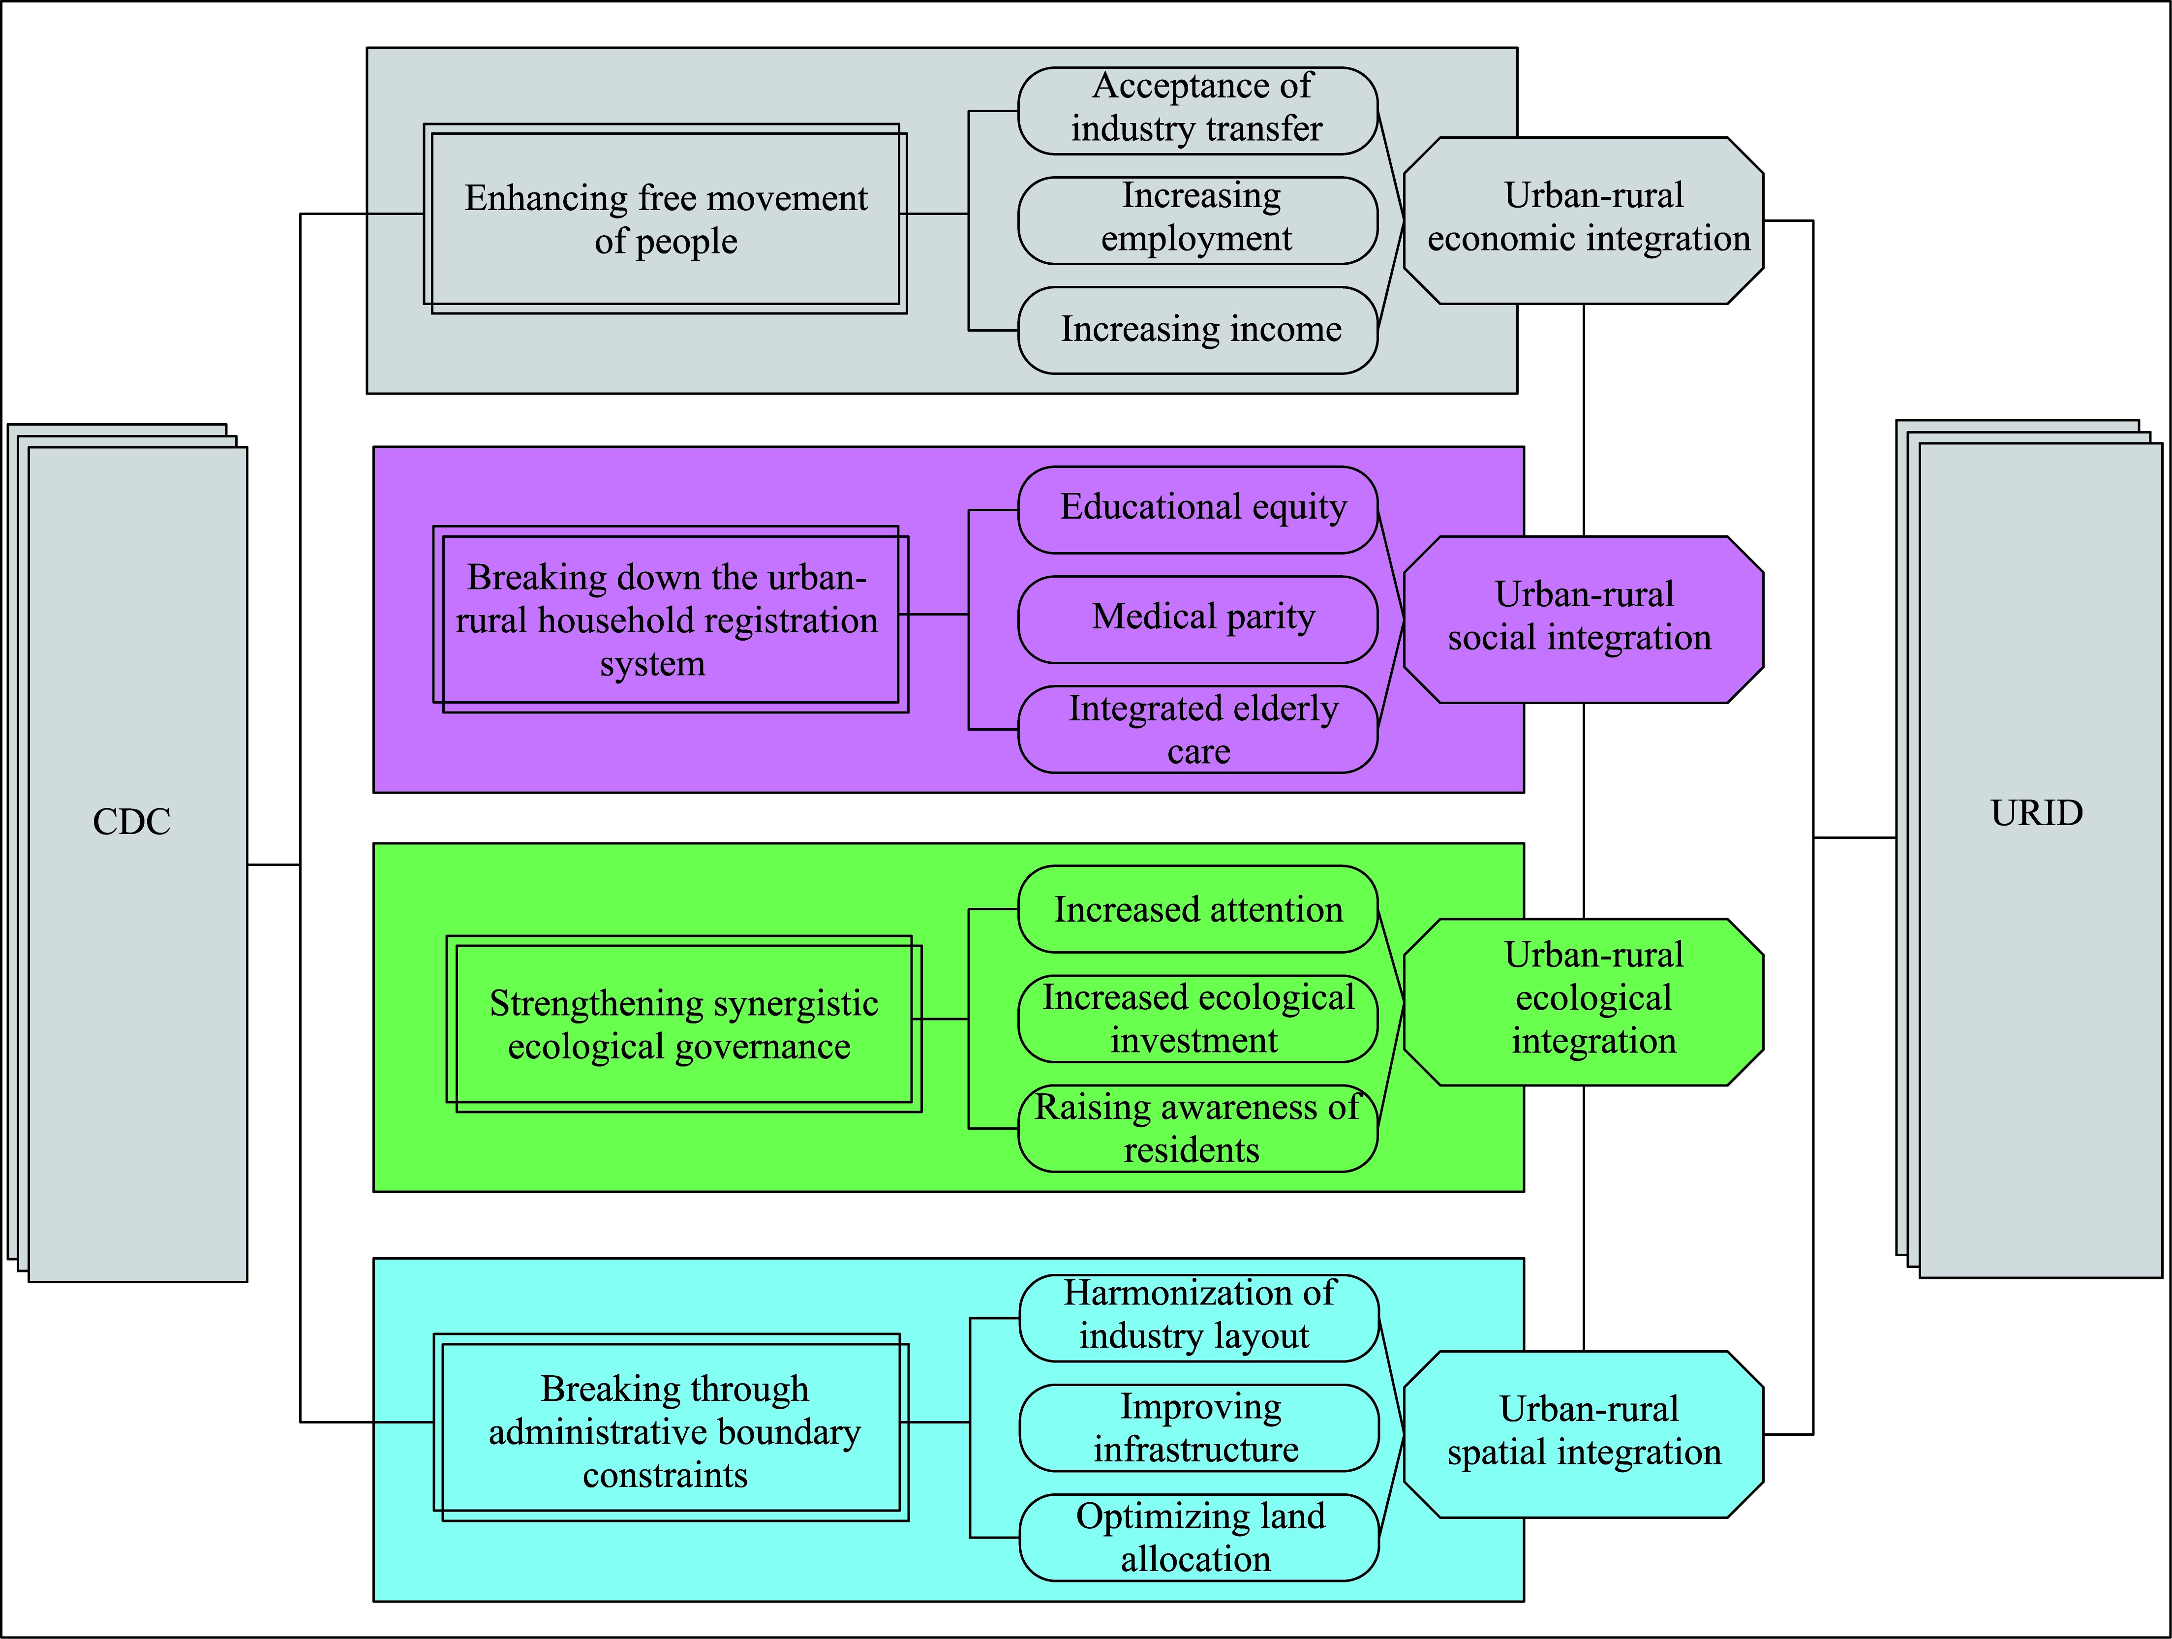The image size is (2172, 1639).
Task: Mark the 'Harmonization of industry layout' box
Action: [x=1198, y=1317]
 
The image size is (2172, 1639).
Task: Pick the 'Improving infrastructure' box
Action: [x=1198, y=1427]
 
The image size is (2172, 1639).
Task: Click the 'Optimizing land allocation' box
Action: [x=1198, y=1537]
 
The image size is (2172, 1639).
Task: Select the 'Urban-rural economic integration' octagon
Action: [x=1583, y=220]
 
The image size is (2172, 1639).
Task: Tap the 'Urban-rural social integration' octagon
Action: [x=1583, y=618]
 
